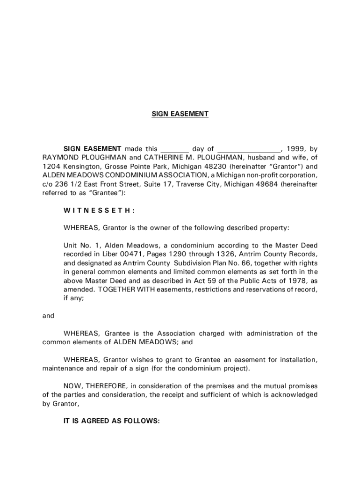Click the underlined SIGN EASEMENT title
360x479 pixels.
(x=180, y=114)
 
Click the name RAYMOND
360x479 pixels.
(x=59, y=157)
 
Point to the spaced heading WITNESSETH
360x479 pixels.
(x=99, y=210)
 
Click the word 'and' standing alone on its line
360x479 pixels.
(x=48, y=316)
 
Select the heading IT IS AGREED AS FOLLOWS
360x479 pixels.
(x=112, y=421)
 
